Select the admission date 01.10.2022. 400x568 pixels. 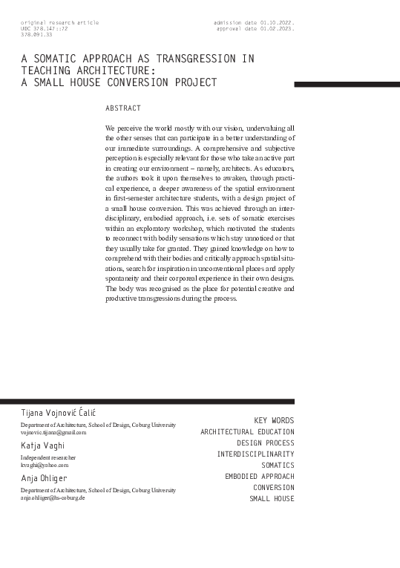coord(255,22)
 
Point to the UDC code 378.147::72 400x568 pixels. coord(45,28)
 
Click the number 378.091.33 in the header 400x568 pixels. coord(37,34)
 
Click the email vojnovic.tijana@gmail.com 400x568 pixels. coord(53,431)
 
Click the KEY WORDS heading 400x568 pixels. coord(274,420)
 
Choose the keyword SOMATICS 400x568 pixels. coord(278,465)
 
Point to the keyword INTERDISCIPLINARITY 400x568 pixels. coord(255,454)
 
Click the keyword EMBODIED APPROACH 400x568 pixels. coord(259,476)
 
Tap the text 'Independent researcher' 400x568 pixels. coord(48,457)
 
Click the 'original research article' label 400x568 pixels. coord(60,22)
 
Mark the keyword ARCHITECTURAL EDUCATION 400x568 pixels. coord(247,431)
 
